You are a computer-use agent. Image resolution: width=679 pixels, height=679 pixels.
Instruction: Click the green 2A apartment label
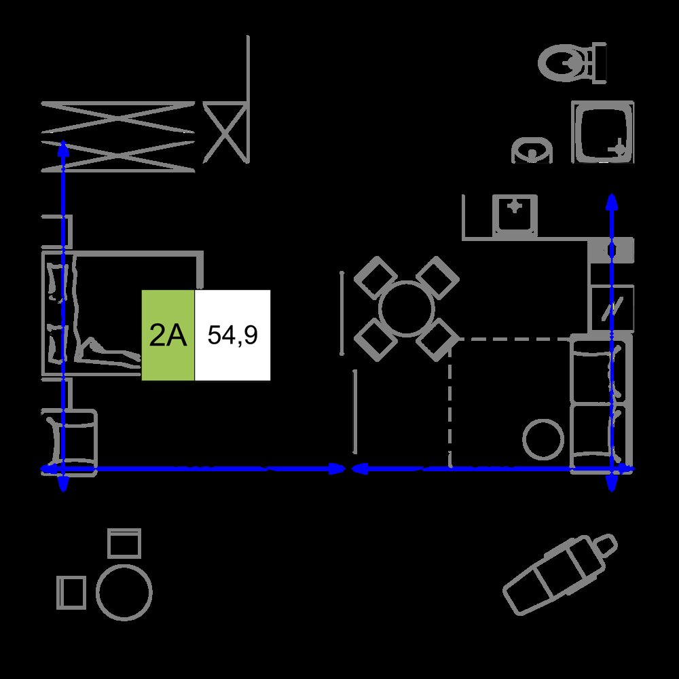tap(168, 335)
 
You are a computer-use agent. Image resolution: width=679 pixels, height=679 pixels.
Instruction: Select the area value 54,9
tap(232, 335)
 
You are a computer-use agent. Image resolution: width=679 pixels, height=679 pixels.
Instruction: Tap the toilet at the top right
tap(572, 63)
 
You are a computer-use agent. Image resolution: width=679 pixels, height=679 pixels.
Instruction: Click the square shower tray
tap(603, 132)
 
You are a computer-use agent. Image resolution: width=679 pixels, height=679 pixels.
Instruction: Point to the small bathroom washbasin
tap(532, 150)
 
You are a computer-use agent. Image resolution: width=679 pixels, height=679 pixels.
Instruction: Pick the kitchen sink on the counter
tap(515, 215)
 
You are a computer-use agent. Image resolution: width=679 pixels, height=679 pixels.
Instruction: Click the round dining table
tap(406, 309)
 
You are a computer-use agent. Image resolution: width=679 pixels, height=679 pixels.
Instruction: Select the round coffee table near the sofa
tap(543, 439)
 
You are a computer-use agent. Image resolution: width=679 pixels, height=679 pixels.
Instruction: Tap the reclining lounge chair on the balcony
tap(560, 574)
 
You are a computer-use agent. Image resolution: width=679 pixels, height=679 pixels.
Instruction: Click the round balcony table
tap(124, 592)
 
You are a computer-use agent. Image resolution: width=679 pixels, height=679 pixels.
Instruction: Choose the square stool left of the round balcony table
tap(71, 592)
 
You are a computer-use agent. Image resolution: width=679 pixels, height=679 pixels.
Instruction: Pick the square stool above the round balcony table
tap(124, 543)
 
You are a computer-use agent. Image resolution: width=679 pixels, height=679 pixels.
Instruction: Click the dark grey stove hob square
tap(611, 251)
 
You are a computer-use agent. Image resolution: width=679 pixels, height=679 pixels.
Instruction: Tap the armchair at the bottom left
tap(69, 442)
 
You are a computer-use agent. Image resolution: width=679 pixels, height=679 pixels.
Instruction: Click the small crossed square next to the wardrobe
tap(225, 132)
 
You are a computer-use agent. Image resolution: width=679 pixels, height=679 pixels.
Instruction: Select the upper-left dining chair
tap(375, 278)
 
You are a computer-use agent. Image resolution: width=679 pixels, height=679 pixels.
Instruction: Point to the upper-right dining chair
tap(437, 278)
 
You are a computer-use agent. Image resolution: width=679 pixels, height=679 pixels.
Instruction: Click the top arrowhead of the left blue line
tap(63, 147)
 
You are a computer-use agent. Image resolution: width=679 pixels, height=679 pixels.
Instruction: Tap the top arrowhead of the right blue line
tap(612, 202)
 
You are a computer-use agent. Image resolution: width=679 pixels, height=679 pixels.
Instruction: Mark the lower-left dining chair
tap(375, 340)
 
